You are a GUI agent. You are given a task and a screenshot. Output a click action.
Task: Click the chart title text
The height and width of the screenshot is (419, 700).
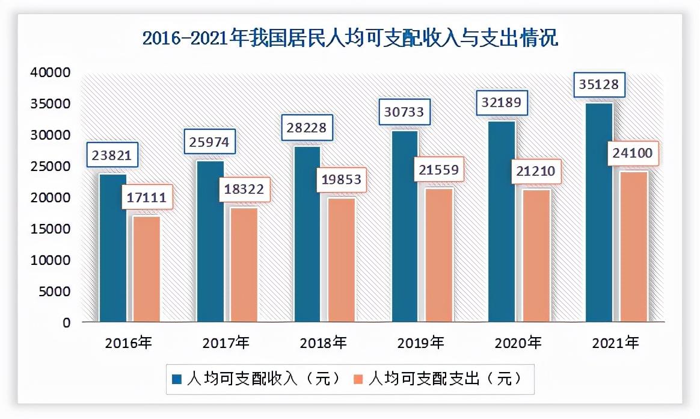point(350,39)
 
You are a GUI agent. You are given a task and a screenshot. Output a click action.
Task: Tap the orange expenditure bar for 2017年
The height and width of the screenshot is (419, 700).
point(244,265)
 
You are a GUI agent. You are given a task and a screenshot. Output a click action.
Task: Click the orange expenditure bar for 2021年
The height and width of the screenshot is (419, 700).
point(633,247)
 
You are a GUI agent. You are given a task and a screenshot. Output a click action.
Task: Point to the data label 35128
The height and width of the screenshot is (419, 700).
point(598,85)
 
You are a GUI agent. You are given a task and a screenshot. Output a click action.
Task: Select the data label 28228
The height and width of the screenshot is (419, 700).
point(308,128)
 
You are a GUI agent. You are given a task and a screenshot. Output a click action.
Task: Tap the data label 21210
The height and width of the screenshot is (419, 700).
point(536,172)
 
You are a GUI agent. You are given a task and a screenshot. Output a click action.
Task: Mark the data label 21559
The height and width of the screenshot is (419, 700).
point(438,170)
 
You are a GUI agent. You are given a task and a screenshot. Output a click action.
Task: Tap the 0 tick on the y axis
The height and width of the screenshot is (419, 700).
point(66,323)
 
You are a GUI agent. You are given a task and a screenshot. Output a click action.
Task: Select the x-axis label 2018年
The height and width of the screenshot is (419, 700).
point(324,343)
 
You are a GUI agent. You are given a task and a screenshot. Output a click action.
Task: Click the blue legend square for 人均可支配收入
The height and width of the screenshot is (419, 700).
point(177,379)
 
